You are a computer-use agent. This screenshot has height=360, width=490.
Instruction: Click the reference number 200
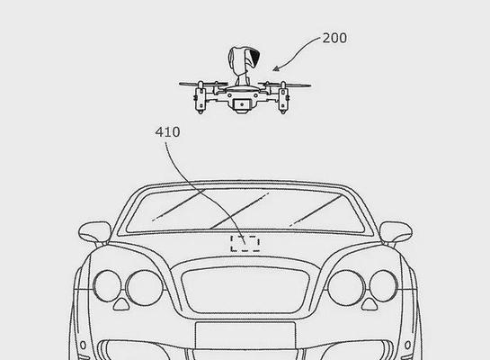click(334, 38)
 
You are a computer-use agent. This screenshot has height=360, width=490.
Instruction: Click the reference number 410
click(167, 132)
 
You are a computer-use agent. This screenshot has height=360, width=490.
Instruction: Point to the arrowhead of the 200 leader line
click(275, 69)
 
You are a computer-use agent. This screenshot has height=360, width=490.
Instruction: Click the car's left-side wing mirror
click(94, 232)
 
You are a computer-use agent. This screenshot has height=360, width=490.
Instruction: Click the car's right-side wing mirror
click(396, 232)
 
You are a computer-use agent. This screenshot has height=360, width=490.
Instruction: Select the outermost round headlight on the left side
click(107, 286)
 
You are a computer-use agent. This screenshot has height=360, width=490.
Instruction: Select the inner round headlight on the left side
click(144, 287)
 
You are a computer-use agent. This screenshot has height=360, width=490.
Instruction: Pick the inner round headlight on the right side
click(346, 287)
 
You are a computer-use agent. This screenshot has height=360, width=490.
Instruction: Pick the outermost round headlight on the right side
click(383, 286)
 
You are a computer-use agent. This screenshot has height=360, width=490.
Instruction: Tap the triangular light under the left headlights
click(121, 303)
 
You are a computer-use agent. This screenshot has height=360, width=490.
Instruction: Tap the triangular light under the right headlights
click(370, 303)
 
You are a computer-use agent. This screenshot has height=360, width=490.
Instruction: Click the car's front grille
click(245, 290)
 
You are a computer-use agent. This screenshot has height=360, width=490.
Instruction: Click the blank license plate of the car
click(245, 335)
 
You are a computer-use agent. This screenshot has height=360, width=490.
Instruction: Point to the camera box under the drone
click(242, 104)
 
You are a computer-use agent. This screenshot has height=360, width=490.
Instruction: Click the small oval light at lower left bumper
click(83, 346)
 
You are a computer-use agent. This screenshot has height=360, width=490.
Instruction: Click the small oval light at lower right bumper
click(407, 346)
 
